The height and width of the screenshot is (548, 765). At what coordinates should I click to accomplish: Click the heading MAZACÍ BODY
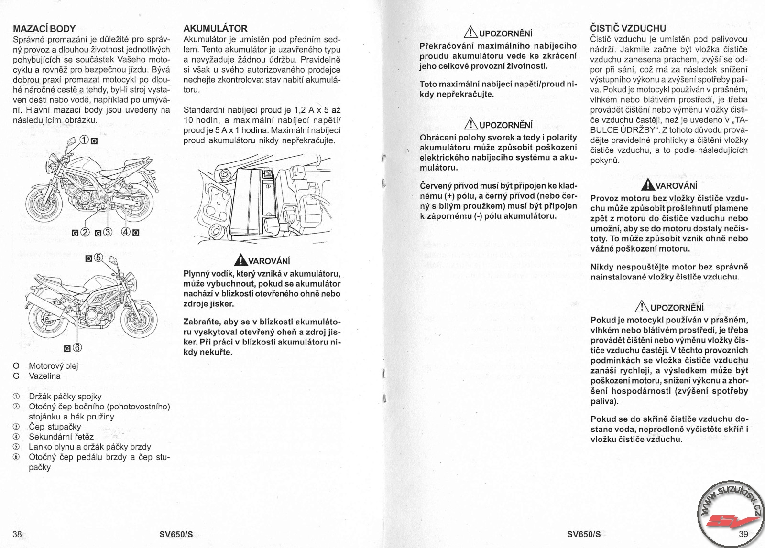(44, 29)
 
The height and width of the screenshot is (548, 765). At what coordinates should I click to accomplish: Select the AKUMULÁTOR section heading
(215, 29)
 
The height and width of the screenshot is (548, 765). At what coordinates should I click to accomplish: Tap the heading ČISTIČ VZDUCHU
(628, 29)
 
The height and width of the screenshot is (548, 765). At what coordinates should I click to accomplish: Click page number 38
(17, 535)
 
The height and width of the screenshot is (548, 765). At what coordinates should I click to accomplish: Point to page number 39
(743, 535)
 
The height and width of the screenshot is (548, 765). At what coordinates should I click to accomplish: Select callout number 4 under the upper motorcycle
(126, 233)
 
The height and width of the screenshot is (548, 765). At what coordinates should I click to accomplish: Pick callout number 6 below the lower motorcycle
(77, 347)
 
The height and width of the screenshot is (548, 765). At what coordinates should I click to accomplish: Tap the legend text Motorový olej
(53, 366)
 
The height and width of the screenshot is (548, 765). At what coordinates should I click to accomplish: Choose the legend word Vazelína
(44, 376)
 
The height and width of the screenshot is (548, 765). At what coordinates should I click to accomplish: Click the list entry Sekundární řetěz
(61, 437)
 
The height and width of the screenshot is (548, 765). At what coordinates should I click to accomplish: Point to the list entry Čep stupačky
(55, 427)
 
